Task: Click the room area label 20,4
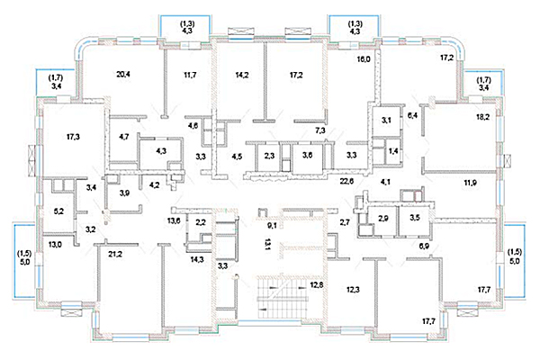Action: tap(123, 74)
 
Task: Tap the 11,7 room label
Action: tap(190, 75)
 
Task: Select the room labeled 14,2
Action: tap(242, 75)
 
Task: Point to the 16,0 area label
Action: tap(364, 58)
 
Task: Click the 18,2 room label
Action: tap(482, 117)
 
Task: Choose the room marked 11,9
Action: tap(470, 183)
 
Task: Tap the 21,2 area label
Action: tap(115, 255)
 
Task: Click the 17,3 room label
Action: tap(73, 137)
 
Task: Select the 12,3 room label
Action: tap(353, 290)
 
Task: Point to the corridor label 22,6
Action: tap(346, 181)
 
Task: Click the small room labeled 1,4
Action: tap(393, 150)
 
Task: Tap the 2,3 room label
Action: tap(269, 156)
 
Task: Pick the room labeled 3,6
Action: tap(307, 155)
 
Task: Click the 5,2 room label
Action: tap(58, 211)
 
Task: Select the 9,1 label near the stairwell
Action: tap(272, 226)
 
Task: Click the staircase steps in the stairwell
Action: tap(282, 293)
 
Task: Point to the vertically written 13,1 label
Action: tap(267, 246)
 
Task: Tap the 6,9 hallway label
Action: tap(424, 246)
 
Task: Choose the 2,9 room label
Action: tap(383, 219)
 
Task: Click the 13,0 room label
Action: tap(55, 245)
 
